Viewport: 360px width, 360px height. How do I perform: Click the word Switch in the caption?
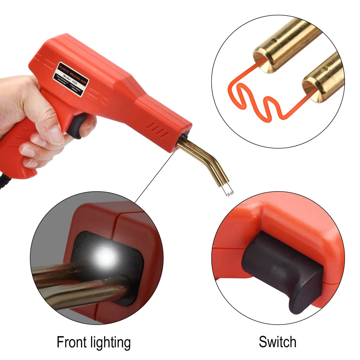click(x=277, y=342)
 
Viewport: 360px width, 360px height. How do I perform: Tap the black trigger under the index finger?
click(x=77, y=126)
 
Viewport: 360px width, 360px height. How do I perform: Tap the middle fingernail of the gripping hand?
click(x=30, y=151)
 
